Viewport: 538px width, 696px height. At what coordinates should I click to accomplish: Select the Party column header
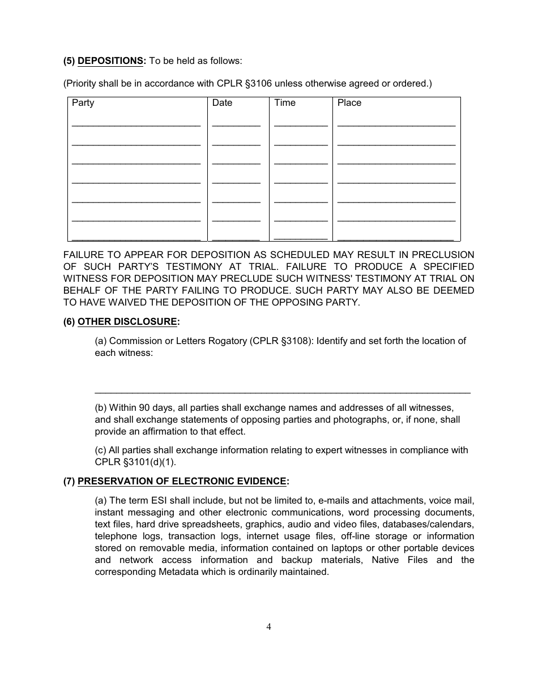click(83, 103)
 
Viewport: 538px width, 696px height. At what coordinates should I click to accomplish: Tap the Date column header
click(222, 103)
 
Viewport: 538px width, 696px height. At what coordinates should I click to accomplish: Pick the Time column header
click(285, 103)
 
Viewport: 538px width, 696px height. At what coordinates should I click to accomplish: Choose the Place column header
click(349, 103)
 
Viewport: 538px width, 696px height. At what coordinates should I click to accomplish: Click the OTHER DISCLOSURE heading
click(127, 322)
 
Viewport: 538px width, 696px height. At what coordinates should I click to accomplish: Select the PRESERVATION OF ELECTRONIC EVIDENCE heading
click(182, 482)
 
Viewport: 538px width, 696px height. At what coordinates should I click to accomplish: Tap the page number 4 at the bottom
click(269, 626)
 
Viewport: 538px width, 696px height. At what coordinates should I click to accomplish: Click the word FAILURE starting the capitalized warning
click(84, 255)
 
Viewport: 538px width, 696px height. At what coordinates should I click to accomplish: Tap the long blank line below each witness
click(282, 392)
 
